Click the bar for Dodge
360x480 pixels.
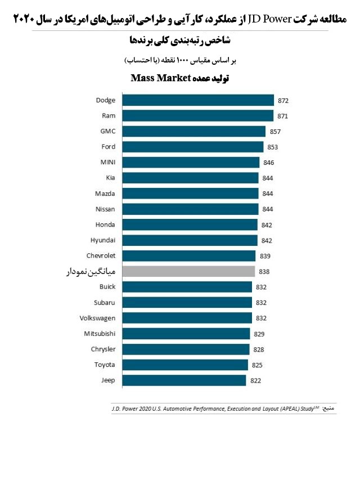click(197, 100)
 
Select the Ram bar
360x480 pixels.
click(197, 116)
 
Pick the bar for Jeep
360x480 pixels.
click(184, 380)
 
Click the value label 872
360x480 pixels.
click(283, 101)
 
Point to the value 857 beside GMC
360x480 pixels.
click(274, 132)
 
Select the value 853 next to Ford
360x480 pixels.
click(273, 147)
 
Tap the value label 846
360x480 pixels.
click(268, 163)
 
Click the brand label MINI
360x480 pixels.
click(107, 163)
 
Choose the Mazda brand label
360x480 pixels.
click(105, 194)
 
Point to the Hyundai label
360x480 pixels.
click(103, 240)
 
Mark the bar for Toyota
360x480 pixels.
click(185, 365)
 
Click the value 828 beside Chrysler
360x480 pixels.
click(259, 349)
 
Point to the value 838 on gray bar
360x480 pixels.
click(264, 272)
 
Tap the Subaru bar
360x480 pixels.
click(187, 303)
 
